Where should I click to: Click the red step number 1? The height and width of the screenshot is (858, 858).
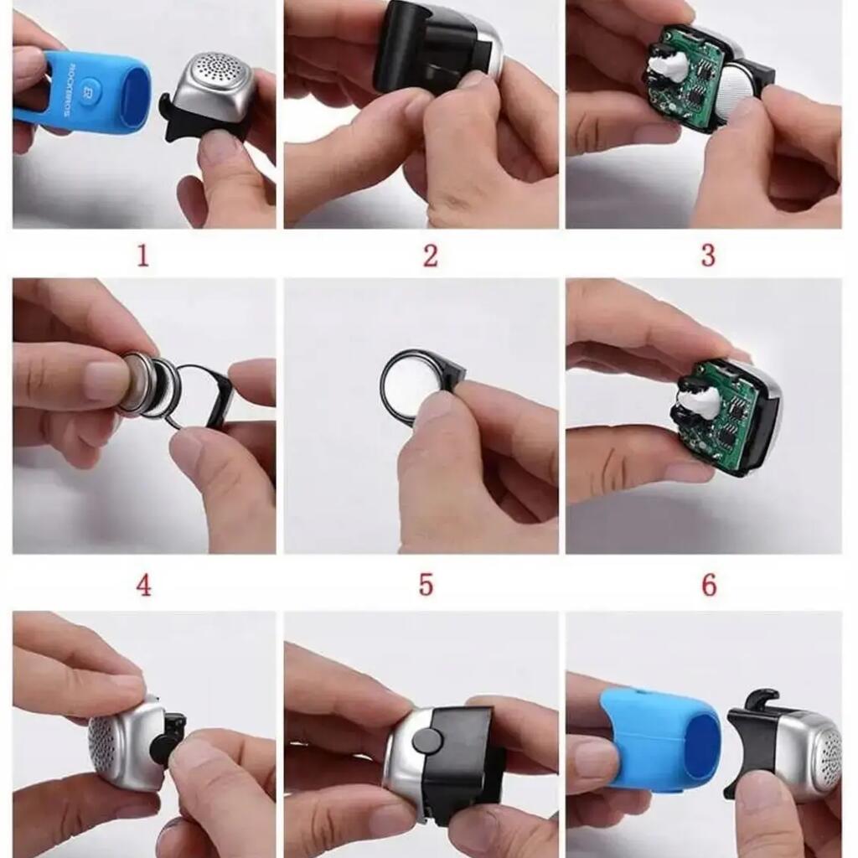pyautogui.click(x=142, y=256)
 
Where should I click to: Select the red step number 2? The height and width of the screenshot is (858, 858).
pyautogui.click(x=431, y=256)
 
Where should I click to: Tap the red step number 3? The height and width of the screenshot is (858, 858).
pyautogui.click(x=708, y=256)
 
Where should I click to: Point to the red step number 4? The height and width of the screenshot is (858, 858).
pyautogui.click(x=143, y=585)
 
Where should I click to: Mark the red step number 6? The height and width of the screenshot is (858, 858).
pyautogui.click(x=709, y=585)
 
